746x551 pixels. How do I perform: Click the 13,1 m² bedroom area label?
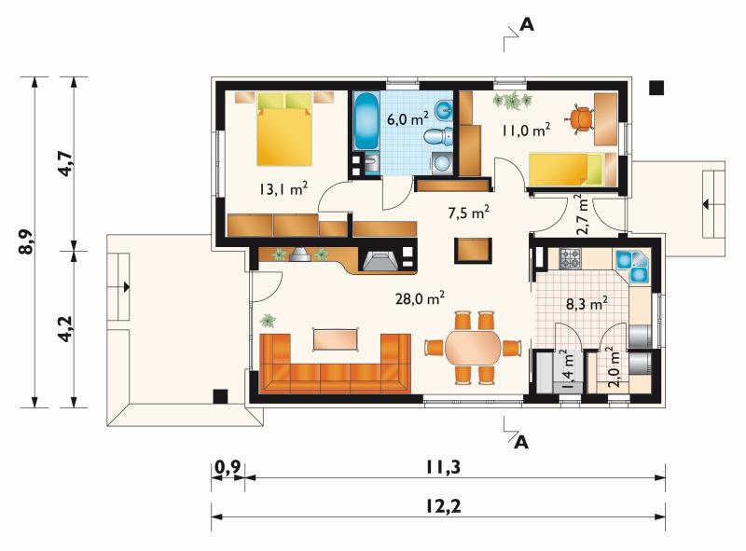pos(283,189)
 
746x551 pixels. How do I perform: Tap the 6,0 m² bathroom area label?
pos(408,118)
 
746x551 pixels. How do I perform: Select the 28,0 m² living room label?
pos(421,298)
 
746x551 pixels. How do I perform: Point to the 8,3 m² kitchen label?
pos(587,303)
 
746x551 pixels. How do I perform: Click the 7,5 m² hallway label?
pos(469,213)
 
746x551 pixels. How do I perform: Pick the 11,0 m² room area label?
pos(527,130)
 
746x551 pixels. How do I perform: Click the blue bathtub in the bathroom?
pos(366,121)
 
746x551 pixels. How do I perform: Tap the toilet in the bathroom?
pos(437,137)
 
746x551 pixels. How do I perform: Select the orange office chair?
pos(579,119)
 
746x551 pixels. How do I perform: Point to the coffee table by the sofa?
pos(336,339)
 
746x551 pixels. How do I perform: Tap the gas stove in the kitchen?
pos(570,259)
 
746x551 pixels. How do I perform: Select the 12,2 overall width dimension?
pos(442,507)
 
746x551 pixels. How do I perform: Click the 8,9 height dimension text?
pos(28,241)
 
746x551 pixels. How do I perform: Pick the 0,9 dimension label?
pos(228,468)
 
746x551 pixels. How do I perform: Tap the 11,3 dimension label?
pos(443,468)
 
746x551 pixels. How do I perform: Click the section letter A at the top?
pos(527,24)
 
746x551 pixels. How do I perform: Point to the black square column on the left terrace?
pos(220,396)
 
